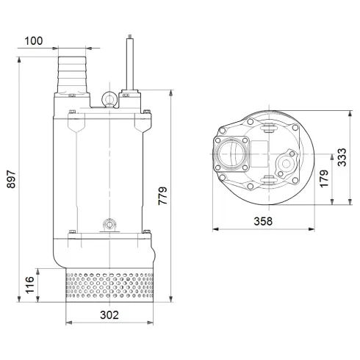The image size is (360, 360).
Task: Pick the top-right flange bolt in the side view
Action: point(148,112)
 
